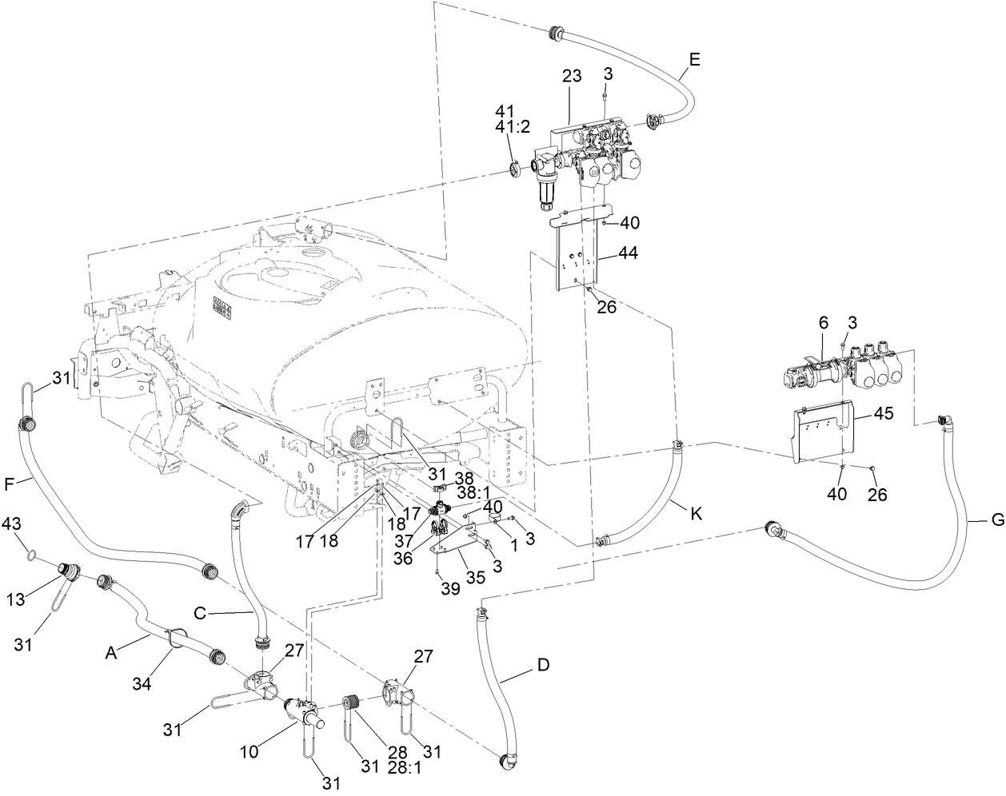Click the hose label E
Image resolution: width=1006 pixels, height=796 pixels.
694,58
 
